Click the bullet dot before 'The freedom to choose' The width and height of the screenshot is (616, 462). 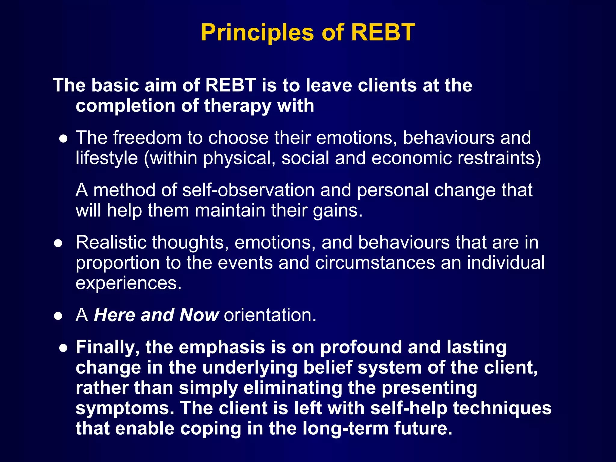(x=63, y=139)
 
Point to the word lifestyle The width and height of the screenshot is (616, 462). (x=106, y=158)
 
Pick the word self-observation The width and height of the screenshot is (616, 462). (x=248, y=190)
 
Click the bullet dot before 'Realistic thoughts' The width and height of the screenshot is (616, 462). (x=58, y=243)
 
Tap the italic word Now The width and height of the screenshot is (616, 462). (x=199, y=315)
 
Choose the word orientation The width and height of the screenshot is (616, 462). (x=270, y=315)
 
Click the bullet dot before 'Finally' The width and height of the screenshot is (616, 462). (x=63, y=348)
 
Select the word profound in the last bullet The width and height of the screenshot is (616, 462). (x=361, y=347)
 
